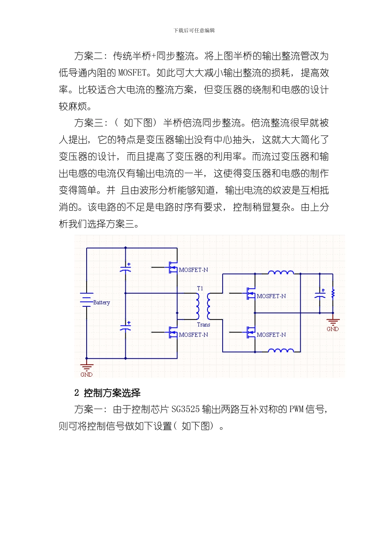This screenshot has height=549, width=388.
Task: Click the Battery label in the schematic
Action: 101,303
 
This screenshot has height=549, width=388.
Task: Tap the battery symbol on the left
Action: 87,300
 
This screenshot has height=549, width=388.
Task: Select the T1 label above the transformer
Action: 200,288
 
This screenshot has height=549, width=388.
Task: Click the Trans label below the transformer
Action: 203,325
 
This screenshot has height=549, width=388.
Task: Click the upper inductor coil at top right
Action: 281,272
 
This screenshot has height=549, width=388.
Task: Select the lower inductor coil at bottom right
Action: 281,350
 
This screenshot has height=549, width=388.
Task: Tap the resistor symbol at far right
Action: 333,293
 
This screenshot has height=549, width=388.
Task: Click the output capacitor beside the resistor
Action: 320,294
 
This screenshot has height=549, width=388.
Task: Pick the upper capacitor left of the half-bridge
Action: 126,268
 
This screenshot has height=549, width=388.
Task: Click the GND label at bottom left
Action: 87,375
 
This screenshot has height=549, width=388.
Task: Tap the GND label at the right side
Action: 332,329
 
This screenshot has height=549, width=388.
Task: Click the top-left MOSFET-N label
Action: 194,270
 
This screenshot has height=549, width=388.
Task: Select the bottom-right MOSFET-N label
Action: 271,335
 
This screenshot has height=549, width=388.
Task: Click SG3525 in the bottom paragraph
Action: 185,409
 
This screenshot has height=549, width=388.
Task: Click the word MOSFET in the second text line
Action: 132,73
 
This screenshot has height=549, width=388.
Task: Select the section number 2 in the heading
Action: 77,393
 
